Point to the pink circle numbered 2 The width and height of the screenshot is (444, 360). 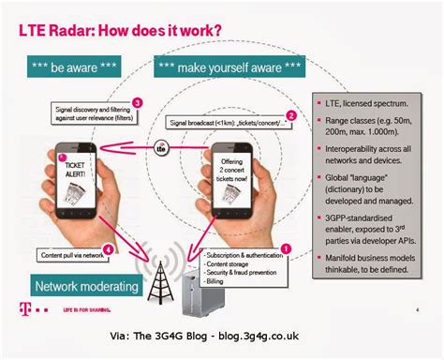(289, 115)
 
